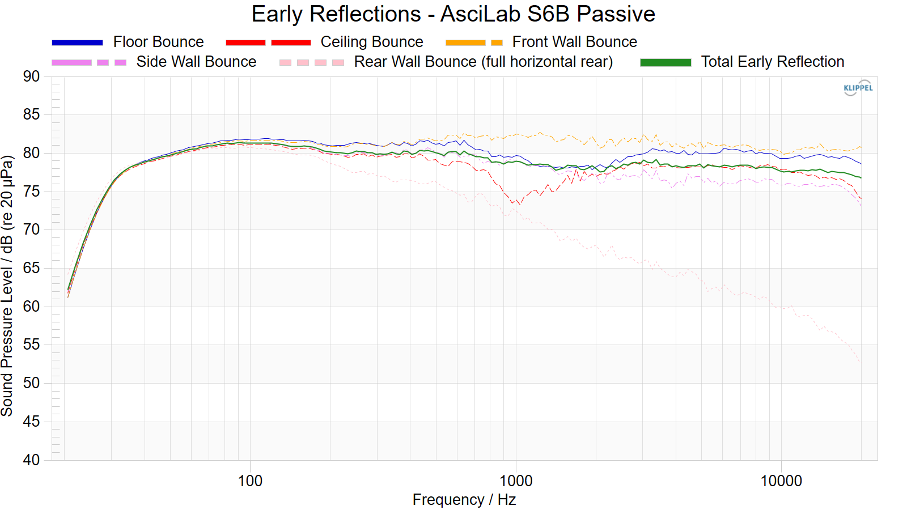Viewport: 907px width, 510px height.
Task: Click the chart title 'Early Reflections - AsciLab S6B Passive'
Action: tap(453, 14)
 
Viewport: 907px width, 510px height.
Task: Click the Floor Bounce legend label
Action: tap(158, 42)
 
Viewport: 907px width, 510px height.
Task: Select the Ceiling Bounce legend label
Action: tap(371, 42)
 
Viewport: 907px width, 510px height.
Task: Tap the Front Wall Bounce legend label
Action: tap(574, 42)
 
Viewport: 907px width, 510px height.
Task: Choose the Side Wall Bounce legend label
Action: tap(196, 62)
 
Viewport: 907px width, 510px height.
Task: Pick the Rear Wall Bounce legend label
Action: tap(483, 62)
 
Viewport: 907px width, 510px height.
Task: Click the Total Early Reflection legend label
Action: tap(772, 62)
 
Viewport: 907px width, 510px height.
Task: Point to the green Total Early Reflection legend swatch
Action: tap(666, 62)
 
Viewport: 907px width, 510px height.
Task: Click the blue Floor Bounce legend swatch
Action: tap(77, 42)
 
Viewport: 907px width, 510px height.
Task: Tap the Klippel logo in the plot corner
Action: tap(858, 88)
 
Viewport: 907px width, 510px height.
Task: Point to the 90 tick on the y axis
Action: tap(32, 76)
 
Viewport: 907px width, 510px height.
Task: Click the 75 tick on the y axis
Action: tap(32, 192)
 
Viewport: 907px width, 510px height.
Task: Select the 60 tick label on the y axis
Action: tap(32, 307)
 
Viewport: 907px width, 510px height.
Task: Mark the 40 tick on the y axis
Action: tap(32, 460)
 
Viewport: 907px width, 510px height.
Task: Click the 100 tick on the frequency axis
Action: tap(250, 481)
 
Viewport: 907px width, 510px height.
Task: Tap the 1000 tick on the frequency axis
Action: tap(516, 481)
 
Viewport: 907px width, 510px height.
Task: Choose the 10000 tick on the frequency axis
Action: tap(781, 481)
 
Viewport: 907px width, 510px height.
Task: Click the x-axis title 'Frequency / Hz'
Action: tap(464, 500)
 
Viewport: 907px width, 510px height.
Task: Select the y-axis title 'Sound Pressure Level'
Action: tap(7, 286)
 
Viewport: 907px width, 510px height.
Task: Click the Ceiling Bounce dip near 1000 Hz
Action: tap(517, 203)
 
